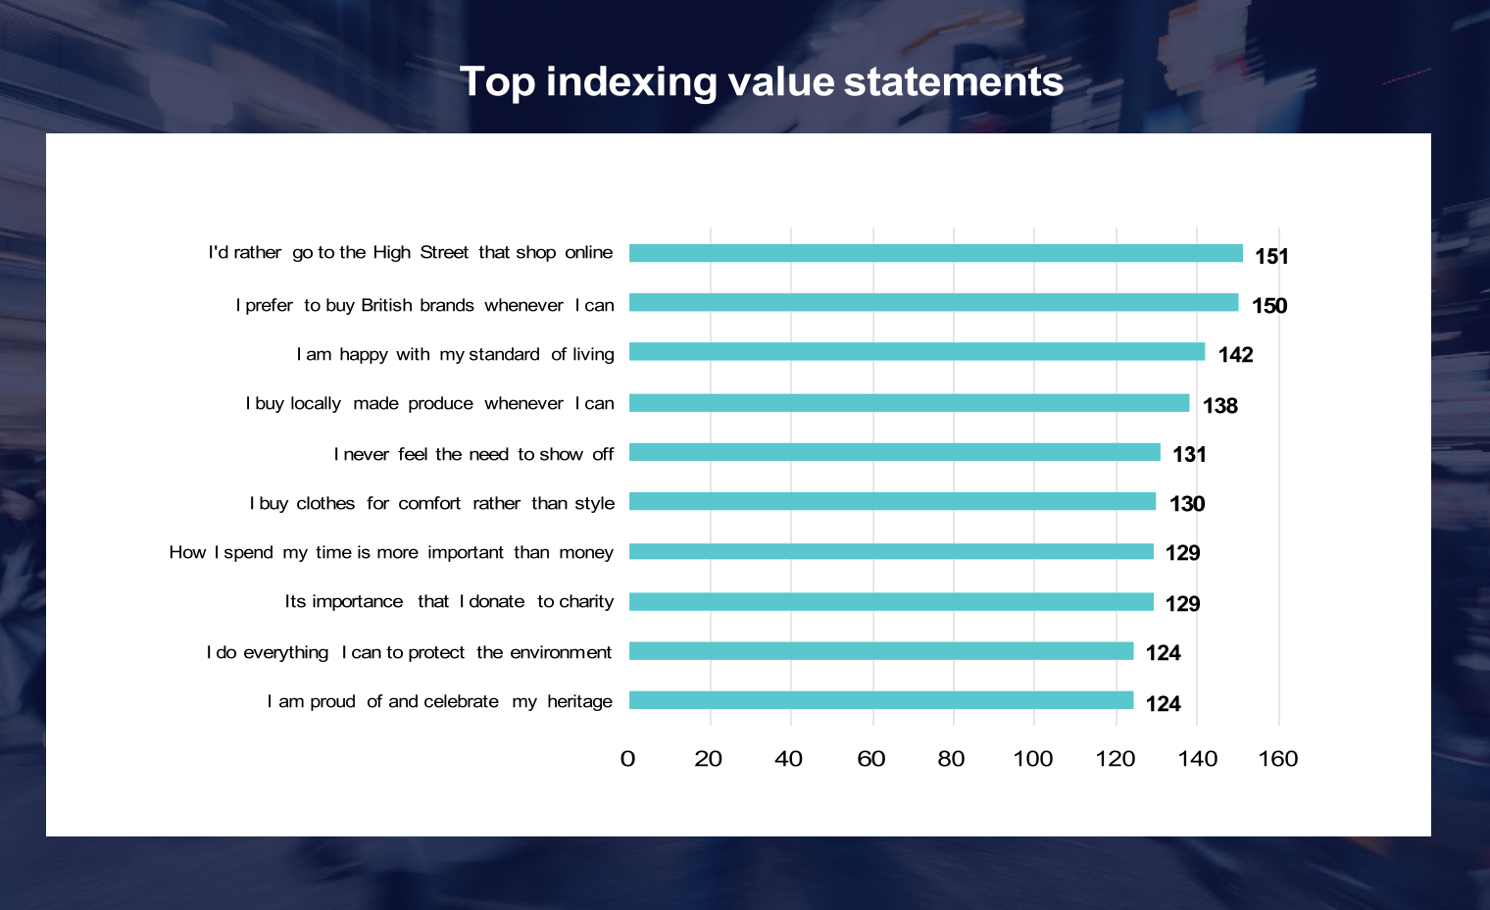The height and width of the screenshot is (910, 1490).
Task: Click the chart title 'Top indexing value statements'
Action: point(761,81)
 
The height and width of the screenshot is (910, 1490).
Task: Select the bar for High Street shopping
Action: point(935,253)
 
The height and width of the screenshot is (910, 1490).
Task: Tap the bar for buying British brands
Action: point(933,303)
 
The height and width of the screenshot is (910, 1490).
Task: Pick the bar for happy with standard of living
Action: point(917,352)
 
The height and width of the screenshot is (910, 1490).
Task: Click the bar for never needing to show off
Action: point(894,452)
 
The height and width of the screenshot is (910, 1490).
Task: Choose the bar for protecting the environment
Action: point(880,651)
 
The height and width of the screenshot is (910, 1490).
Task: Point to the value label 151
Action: point(1271,256)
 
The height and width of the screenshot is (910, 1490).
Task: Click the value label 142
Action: point(1235,355)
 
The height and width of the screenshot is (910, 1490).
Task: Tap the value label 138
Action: point(1219,406)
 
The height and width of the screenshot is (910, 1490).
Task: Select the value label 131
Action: point(1189,455)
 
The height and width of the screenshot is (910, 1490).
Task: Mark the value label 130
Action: point(1186,504)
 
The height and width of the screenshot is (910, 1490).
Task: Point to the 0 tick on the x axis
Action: point(628,759)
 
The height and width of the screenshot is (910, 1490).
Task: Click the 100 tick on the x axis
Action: point(1033,759)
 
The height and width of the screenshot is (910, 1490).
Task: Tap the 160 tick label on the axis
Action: point(1277,759)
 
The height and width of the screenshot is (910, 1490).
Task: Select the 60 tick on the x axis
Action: point(870,759)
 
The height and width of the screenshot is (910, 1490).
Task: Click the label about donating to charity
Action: point(449,601)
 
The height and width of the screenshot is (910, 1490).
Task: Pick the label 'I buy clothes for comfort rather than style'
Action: point(431,503)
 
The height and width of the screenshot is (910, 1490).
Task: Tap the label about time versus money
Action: point(391,552)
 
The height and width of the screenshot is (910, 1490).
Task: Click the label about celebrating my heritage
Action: point(439,701)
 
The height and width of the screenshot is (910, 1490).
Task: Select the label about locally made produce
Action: point(429,403)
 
